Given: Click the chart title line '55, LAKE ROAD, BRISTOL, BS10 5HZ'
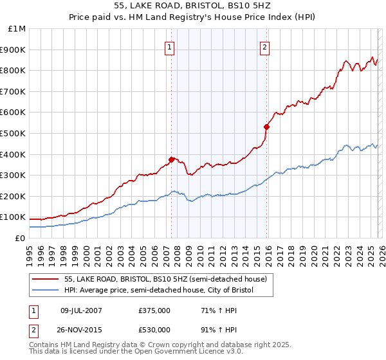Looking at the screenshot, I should pyautogui.click(x=192, y=7).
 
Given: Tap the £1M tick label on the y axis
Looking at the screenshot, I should pyautogui.click(x=17, y=29).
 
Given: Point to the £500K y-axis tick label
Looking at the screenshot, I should pyautogui.click(x=14, y=134).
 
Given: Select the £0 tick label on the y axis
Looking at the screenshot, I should pyautogui.click(x=20, y=239).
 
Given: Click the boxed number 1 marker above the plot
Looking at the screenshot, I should pyautogui.click(x=169, y=46).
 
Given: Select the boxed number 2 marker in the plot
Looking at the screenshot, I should pyautogui.click(x=265, y=46).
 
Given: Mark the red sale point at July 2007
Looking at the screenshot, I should pyautogui.click(x=171, y=159).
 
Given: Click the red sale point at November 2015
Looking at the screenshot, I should pyautogui.click(x=266, y=127).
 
